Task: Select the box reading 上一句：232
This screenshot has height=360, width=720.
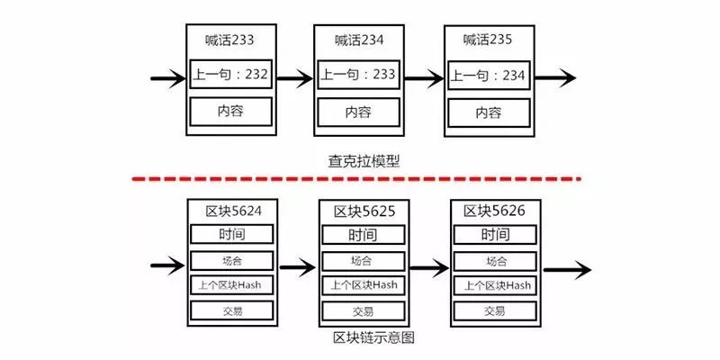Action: [x=230, y=75]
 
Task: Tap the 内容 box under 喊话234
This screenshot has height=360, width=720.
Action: [x=358, y=112]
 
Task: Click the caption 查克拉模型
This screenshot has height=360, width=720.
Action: [x=364, y=162]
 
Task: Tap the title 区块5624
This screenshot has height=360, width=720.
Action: [x=229, y=211]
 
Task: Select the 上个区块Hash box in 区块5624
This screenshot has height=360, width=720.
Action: [x=230, y=285]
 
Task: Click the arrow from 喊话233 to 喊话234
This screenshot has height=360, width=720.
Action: [x=293, y=79]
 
